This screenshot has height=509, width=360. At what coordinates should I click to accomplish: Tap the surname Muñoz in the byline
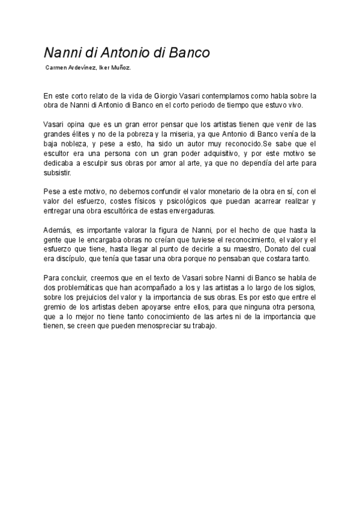tap(119, 68)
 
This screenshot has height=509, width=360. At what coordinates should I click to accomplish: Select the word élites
tap(84, 134)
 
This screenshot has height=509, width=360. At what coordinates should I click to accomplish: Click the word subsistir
tap(57, 173)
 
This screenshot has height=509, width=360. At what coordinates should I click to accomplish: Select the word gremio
tap(56, 307)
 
